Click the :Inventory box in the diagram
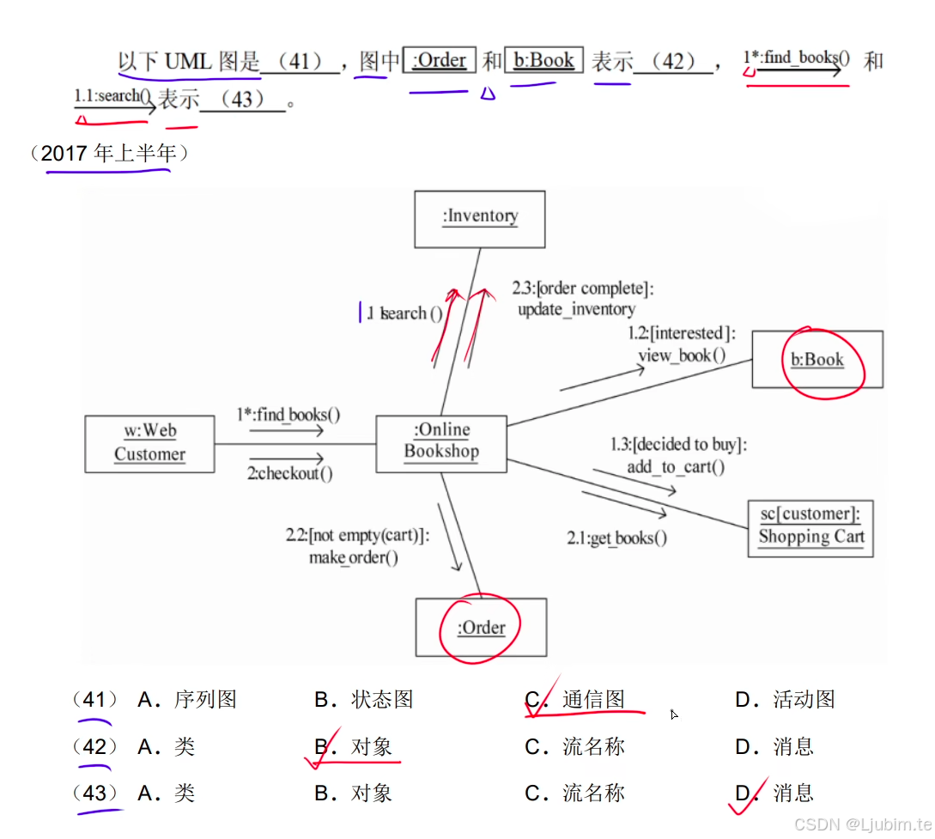480,218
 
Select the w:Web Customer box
149,443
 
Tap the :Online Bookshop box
441,442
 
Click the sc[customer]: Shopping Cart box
811,527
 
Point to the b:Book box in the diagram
817,360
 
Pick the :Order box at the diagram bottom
481,628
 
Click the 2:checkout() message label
290,473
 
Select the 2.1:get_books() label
616,538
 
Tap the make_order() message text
354,557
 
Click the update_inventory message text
576,309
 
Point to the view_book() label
682,355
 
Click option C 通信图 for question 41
593,700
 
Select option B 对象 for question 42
371,747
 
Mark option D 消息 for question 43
792,793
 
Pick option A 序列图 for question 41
204,700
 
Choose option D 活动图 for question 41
804,700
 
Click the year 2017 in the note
64,154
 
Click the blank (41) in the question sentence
299,62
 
